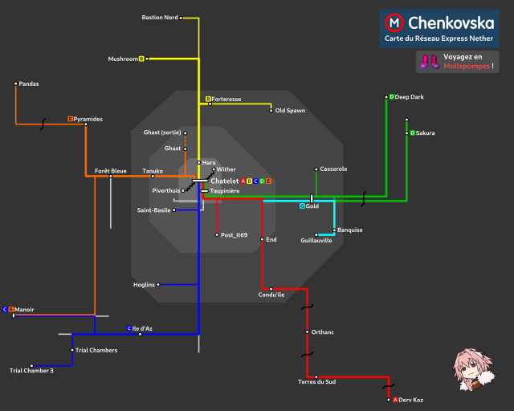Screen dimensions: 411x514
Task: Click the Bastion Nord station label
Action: click(x=159, y=17)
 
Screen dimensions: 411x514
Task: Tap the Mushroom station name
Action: click(x=123, y=59)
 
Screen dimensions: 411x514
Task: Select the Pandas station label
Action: click(x=28, y=83)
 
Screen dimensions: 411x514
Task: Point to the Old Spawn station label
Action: click(x=290, y=110)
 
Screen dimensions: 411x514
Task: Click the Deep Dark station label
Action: click(x=409, y=97)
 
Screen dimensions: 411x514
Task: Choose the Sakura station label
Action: click(x=425, y=132)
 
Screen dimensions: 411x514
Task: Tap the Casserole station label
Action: click(x=333, y=169)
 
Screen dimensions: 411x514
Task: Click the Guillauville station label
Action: click(x=316, y=240)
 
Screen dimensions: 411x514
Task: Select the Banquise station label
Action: click(x=350, y=230)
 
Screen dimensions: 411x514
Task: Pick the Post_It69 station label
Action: click(x=234, y=235)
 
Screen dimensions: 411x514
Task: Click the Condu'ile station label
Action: click(x=271, y=295)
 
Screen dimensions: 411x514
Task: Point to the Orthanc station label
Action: click(x=323, y=332)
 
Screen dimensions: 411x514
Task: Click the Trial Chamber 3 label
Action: click(x=31, y=370)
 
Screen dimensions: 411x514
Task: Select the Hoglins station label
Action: click(x=145, y=284)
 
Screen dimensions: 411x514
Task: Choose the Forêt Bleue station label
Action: click(x=110, y=170)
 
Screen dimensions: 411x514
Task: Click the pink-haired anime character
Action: click(x=470, y=368)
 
